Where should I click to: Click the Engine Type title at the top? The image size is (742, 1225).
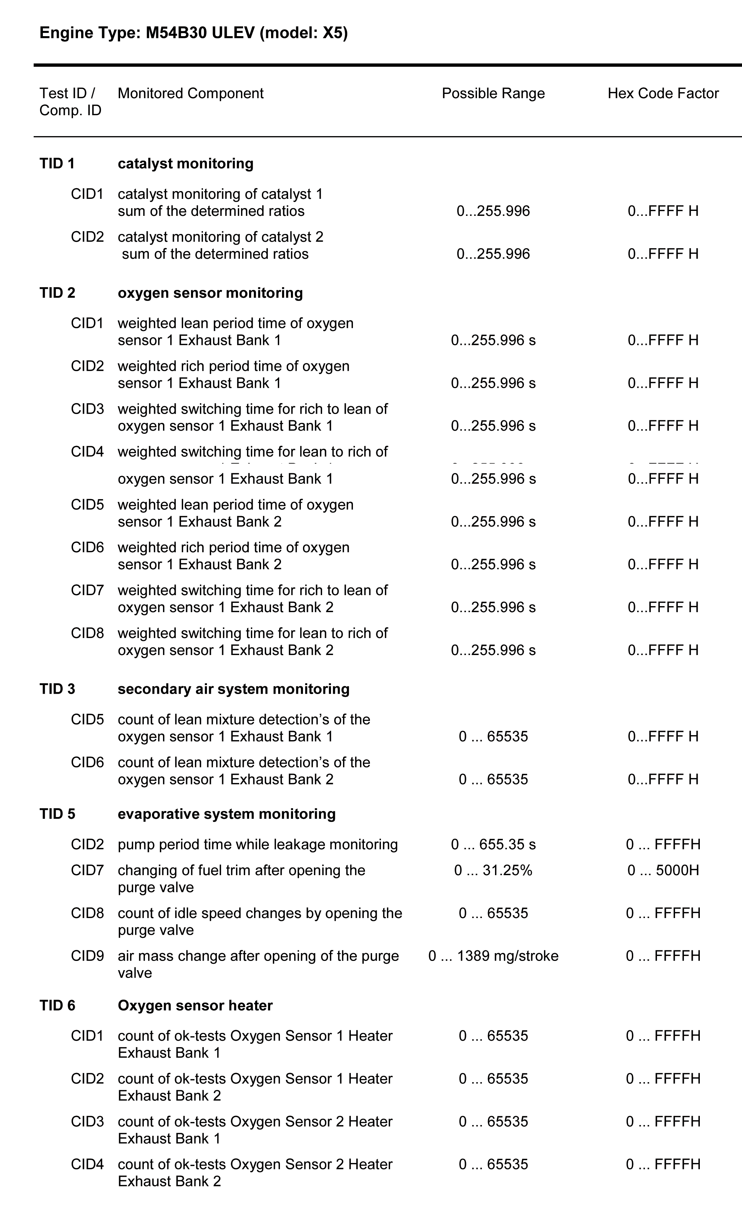coord(193,33)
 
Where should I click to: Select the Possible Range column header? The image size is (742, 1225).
coord(493,94)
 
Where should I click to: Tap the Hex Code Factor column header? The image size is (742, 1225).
coord(663,94)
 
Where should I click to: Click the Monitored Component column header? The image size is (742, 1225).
coord(190,94)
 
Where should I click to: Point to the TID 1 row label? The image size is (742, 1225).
coord(57,163)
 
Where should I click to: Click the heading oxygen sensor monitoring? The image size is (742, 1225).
coord(210,293)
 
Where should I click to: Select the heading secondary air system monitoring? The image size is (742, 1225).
coord(234,689)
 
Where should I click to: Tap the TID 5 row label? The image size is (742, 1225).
coord(57,814)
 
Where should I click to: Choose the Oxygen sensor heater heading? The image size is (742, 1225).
coord(195,1006)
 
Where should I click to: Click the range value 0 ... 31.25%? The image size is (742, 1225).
coord(493,871)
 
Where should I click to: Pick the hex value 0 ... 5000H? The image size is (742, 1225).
coord(663,871)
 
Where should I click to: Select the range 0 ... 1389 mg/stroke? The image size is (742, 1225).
coord(493,956)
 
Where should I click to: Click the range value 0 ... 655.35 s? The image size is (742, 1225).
coord(493,845)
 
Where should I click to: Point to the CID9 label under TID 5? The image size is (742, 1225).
coord(88,956)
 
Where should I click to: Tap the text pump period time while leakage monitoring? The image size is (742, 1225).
coord(258,845)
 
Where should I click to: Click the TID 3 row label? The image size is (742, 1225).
coord(57,689)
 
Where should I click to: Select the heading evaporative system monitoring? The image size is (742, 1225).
coord(227,814)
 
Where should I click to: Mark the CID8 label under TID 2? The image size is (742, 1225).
coord(88,633)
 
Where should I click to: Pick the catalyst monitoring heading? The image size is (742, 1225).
coord(185,163)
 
